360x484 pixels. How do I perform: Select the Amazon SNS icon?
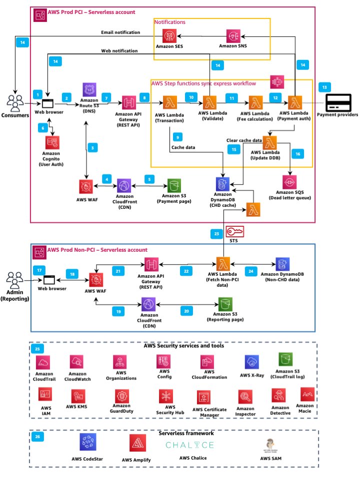click(234, 36)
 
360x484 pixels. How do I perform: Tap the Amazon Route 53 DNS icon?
click(89, 90)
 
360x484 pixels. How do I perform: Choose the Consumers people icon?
click(17, 102)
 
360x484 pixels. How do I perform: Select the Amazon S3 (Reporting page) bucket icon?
click(224, 304)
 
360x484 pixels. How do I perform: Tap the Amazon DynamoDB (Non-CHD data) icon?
click(281, 264)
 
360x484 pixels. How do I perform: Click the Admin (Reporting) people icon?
click(17, 278)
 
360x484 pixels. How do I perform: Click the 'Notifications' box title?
click(169, 22)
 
